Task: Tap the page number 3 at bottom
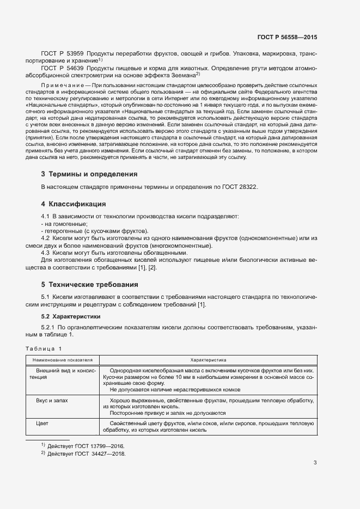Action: click(x=315, y=463)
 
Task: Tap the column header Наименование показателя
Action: click(x=63, y=360)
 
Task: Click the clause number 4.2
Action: click(x=46, y=238)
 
